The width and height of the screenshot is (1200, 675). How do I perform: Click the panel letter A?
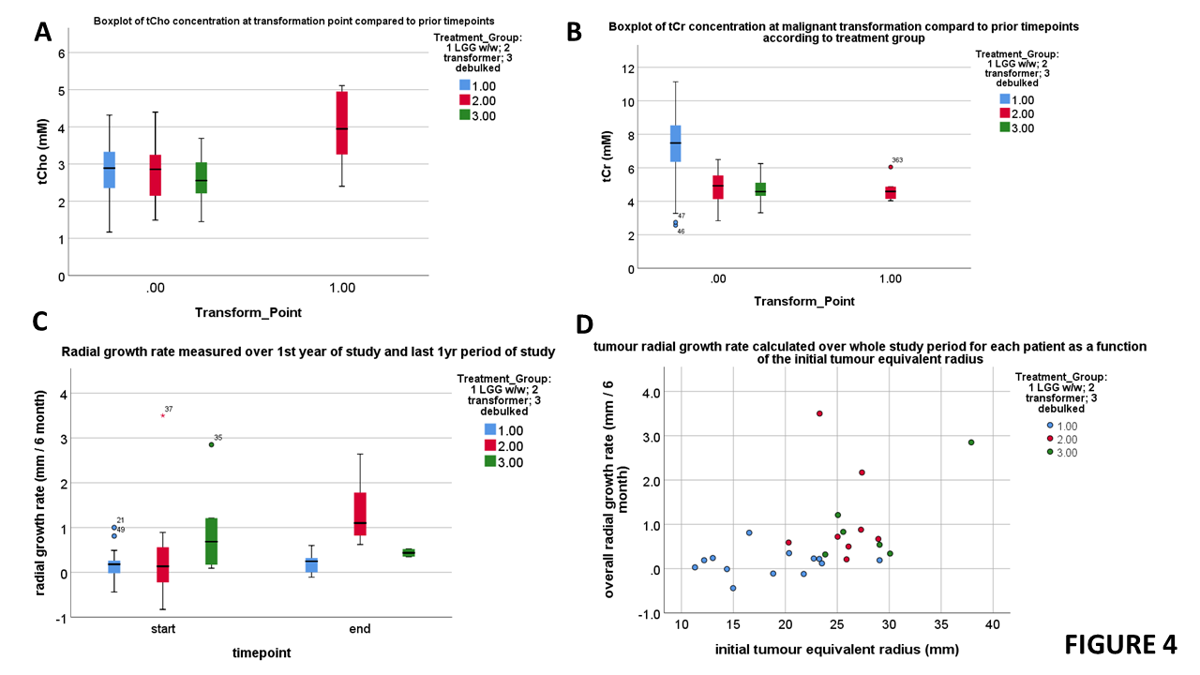pos(42,32)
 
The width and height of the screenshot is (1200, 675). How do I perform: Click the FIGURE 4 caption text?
pos(1119,645)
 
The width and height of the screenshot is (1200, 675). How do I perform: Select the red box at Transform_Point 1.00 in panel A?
pos(342,123)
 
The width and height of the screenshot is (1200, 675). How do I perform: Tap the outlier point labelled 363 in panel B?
pos(891,167)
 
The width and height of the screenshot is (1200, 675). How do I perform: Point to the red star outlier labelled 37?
pos(163,415)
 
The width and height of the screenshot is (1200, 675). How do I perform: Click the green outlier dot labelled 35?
pos(212,444)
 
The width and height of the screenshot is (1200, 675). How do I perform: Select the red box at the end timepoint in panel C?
pos(360,514)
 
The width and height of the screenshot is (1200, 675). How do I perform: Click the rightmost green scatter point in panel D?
pos(971,442)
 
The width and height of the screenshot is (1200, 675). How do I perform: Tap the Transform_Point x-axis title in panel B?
pos(804,302)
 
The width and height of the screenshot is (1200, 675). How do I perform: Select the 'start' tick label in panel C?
pos(164,628)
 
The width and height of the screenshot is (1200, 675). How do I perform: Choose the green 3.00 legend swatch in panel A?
pos(465,115)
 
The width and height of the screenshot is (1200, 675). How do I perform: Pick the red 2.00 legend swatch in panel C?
pos(490,445)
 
